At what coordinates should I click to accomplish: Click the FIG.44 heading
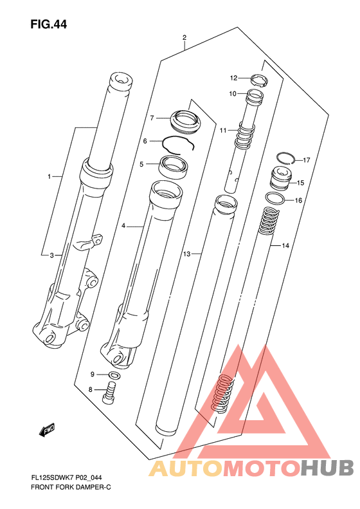pos(49,24)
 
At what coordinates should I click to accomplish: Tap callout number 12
pos(233,78)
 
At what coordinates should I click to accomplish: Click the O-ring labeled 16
pos(275,198)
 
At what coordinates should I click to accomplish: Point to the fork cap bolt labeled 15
pos(281,178)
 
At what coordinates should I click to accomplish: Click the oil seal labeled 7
pos(185,122)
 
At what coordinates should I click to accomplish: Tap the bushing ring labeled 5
pos(174,167)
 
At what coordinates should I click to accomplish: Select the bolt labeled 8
pos(111,393)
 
